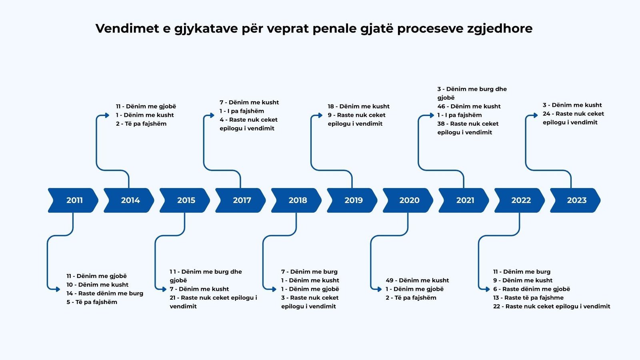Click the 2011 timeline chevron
coord(74,200)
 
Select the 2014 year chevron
coord(130,200)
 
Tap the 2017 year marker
coord(241,200)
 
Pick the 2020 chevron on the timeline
coord(409,200)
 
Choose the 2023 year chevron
coord(576,200)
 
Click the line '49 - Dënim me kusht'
coord(417,280)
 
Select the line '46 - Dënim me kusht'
coord(469,106)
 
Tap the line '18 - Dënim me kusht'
coord(358,106)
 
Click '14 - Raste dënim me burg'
coord(105,293)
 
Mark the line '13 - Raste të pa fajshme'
coord(528,298)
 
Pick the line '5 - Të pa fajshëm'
coord(92,302)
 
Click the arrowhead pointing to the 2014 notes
coord(107,115)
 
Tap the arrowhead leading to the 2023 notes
coord(536,115)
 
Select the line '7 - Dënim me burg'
coord(309,272)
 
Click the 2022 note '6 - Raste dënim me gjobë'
coord(531,289)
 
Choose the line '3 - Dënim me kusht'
coord(572,105)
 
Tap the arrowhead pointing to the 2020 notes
coord(380,289)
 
